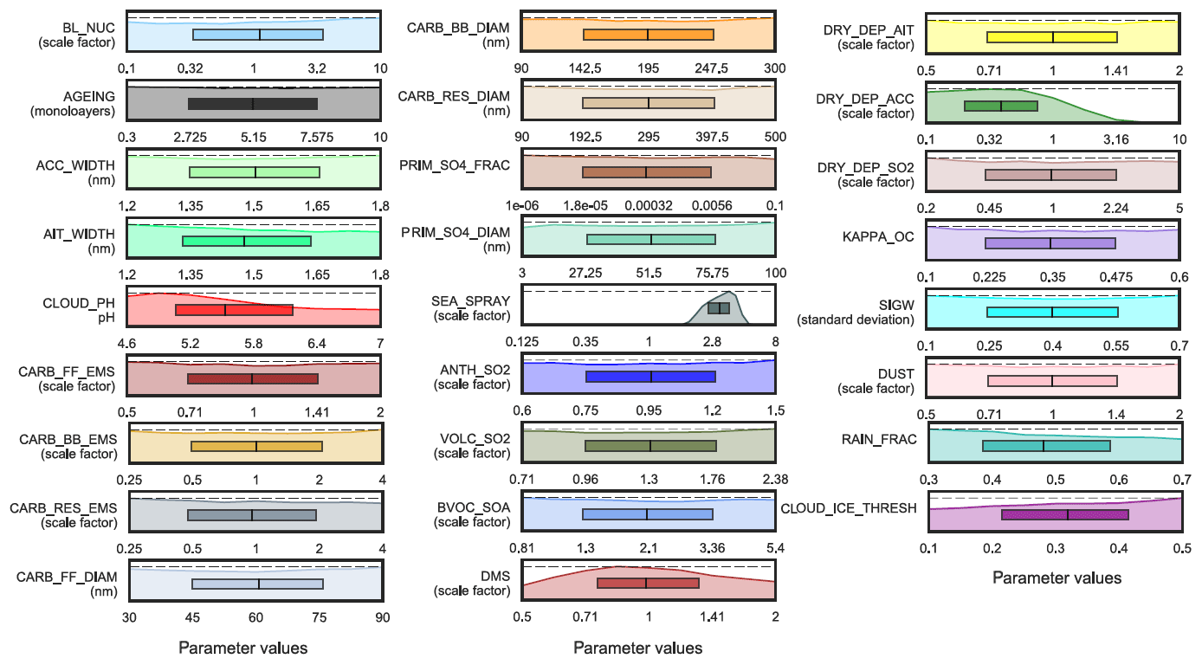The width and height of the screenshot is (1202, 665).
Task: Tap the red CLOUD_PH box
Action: (234, 309)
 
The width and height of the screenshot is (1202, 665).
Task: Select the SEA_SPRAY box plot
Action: (719, 308)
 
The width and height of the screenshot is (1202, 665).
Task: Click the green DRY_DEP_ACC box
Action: (1000, 106)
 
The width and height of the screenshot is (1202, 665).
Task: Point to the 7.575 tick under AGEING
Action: (317, 138)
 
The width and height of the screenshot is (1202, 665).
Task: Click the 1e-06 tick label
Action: (523, 205)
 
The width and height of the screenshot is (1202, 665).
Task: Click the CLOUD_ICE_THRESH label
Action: (849, 508)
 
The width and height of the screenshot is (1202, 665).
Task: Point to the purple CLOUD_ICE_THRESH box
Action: (1064, 514)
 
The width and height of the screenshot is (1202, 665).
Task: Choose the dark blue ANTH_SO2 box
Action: (650, 377)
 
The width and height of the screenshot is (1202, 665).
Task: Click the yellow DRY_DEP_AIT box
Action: (1051, 37)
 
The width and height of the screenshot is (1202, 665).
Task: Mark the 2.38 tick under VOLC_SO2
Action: (774, 479)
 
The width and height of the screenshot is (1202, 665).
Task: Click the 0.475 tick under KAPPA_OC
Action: (1116, 276)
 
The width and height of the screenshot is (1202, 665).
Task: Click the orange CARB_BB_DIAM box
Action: (649, 35)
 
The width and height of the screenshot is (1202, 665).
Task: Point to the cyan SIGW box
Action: (1052, 312)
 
